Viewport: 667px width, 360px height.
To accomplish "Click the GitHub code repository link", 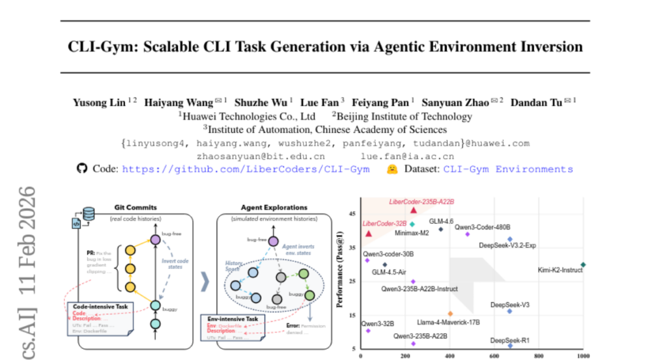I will (246, 169).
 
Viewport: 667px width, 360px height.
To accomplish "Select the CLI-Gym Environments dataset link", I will (508, 169).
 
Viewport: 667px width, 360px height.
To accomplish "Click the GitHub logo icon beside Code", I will (82, 169).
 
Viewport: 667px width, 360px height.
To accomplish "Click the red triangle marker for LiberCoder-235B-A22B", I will (414, 210).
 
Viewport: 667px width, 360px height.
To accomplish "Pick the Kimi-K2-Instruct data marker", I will (584, 264).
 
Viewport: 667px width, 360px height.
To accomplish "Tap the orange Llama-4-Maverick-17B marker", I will (451, 313).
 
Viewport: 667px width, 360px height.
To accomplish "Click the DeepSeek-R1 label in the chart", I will (510, 340).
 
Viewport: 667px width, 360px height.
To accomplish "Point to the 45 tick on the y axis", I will (353, 214).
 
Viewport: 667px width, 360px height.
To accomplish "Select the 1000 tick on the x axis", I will (583, 356).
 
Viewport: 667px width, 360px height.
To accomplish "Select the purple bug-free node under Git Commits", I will (155, 240).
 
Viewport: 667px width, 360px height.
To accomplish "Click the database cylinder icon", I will (89, 213).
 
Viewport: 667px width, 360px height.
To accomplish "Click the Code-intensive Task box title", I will (102, 306).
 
